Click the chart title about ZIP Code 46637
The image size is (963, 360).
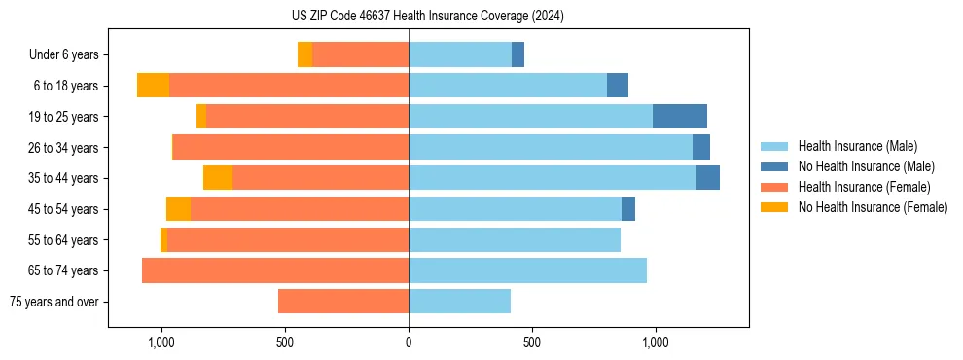(x=428, y=16)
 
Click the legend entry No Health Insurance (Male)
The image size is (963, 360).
(x=866, y=166)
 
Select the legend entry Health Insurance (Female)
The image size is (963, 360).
(x=863, y=187)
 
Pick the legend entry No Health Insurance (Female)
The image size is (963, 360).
(x=873, y=207)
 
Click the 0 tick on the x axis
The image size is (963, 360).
(x=409, y=342)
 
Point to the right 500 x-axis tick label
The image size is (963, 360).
(x=531, y=342)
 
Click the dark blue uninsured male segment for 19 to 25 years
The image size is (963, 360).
(x=679, y=117)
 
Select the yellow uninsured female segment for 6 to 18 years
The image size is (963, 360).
(x=153, y=86)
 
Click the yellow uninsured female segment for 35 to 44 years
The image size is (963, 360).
(x=218, y=178)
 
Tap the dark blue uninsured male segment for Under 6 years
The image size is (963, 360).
(x=517, y=55)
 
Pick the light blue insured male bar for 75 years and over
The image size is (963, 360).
(x=459, y=302)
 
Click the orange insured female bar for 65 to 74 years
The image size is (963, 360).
(x=275, y=270)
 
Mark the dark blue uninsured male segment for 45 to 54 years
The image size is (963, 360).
(x=628, y=209)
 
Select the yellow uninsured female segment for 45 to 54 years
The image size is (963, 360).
(x=178, y=209)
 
